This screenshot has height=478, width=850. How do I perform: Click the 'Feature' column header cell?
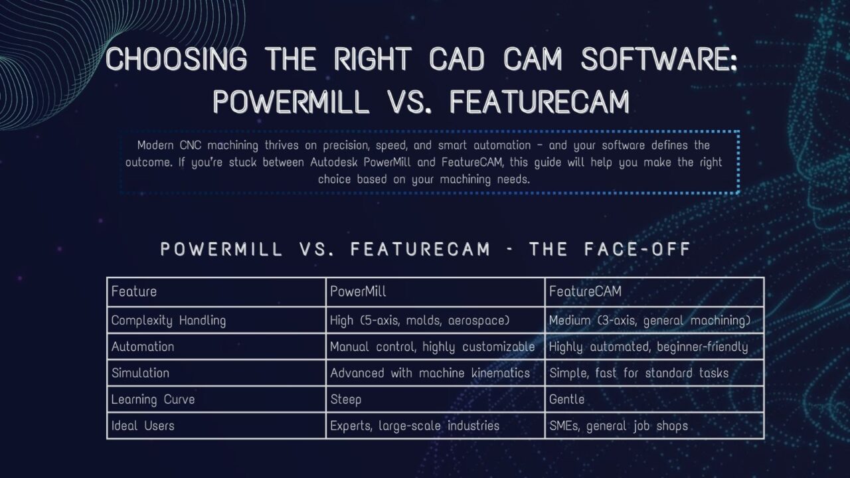pos(134,291)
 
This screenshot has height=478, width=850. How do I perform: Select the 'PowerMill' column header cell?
pos(358,291)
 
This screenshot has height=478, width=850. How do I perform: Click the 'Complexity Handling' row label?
pos(169,321)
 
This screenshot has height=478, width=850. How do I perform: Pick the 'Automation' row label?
pos(143,347)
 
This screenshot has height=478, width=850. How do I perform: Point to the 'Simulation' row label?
pos(140,373)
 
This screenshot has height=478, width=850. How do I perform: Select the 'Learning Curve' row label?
pos(153,399)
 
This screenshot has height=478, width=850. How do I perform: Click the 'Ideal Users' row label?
pos(143,426)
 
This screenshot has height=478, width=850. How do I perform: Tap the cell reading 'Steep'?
pos(346,399)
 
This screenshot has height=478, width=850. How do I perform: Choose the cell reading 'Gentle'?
pos(567,399)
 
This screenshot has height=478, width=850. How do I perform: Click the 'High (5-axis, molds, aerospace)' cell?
pos(420,321)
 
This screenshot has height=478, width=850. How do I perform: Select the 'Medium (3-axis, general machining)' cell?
pos(649,321)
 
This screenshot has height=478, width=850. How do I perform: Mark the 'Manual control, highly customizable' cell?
pos(432,347)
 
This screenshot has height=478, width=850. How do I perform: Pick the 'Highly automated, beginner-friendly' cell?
pos(648,347)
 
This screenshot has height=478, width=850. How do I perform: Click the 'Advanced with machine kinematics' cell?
pos(430,373)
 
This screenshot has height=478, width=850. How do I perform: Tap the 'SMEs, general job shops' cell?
pos(618,426)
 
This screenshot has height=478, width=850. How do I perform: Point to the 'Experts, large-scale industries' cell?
pos(414,426)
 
